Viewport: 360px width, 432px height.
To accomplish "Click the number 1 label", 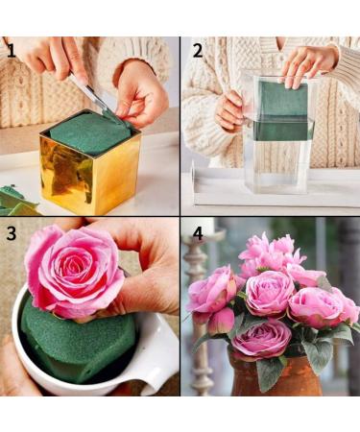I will tap(12, 50).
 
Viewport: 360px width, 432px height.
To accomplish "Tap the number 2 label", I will tap(197, 50).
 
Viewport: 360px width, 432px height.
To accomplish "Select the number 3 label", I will tap(12, 233).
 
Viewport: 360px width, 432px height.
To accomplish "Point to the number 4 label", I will tap(197, 233).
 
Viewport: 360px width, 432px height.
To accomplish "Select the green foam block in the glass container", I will tap(280, 110).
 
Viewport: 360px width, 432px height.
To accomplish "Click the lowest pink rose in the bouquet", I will tap(260, 338).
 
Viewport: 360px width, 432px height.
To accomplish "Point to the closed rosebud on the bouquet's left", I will tap(220, 321).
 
